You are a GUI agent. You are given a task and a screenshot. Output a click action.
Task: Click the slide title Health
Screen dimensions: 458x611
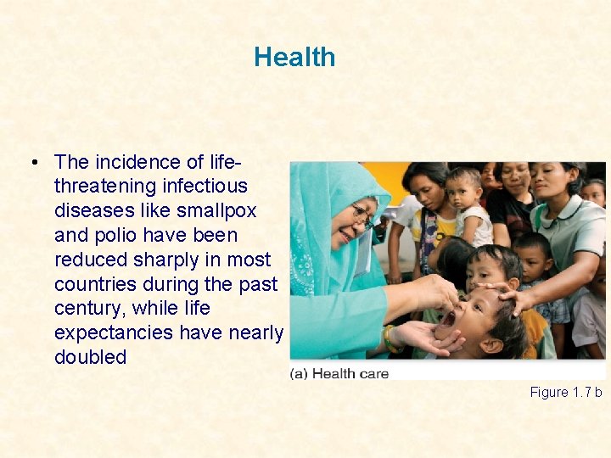tap(294, 58)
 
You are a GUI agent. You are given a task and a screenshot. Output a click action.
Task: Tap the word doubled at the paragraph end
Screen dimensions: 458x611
tap(90, 357)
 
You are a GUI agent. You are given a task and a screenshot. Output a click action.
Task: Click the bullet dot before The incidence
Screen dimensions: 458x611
tap(31, 162)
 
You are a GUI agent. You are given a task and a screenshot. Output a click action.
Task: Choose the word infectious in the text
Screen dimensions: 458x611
tap(206, 186)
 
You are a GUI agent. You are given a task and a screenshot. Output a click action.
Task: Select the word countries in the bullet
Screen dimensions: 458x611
tap(92, 283)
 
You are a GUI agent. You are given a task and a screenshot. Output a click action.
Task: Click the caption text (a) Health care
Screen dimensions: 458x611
tap(339, 373)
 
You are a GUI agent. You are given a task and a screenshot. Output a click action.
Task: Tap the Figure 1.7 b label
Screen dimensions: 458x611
tap(565, 392)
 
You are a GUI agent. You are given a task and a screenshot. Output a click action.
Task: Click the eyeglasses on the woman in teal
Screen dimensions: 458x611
tap(362, 215)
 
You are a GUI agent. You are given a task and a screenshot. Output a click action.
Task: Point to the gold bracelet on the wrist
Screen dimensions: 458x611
tap(390, 339)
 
